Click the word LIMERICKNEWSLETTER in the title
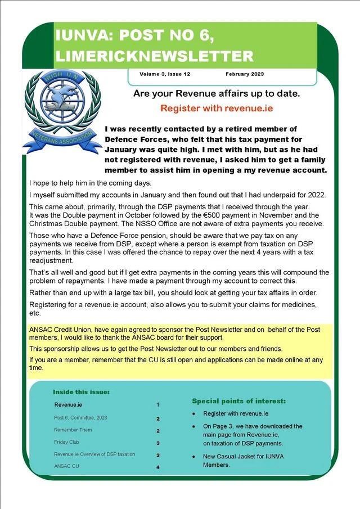pyautogui.click(x=154, y=56)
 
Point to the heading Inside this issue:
pyautogui.click(x=81, y=391)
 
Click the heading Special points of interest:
pyautogui.click(x=238, y=401)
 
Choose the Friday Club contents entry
pyautogui.click(x=66, y=442)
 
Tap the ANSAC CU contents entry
pyautogui.click(x=67, y=466)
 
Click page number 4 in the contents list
pyautogui.click(x=158, y=467)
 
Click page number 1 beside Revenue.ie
pyautogui.click(x=158, y=405)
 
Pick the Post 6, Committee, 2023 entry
pyautogui.click(x=80, y=418)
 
